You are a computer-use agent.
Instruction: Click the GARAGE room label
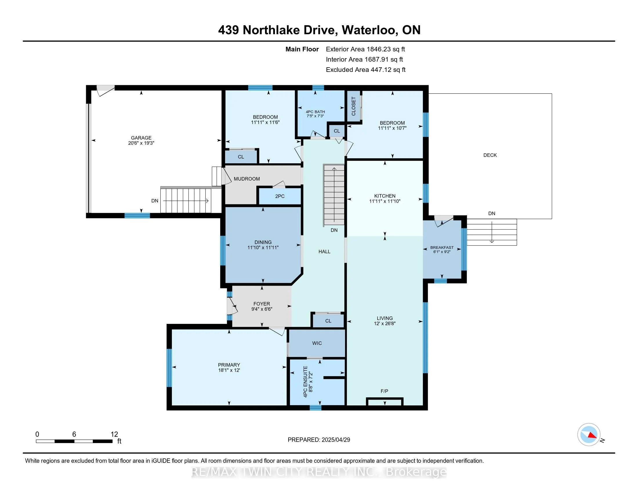click(141, 137)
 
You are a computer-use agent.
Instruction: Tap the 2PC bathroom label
click(280, 196)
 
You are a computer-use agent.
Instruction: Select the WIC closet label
click(317, 343)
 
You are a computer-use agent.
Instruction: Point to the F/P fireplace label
click(384, 391)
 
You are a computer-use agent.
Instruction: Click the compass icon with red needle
click(589, 434)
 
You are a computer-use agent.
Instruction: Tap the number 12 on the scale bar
click(114, 434)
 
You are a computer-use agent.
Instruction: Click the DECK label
click(490, 155)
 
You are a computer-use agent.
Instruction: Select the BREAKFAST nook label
click(442, 247)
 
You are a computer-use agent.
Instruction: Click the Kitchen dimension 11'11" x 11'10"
click(385, 201)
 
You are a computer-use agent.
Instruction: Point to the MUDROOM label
click(246, 179)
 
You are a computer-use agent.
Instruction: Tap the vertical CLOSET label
click(354, 106)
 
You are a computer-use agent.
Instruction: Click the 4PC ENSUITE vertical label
click(306, 381)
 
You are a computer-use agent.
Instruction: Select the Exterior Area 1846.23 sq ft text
click(365, 49)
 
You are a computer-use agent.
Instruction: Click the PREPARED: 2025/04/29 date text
click(319, 440)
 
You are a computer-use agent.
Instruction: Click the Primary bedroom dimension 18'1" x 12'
click(229, 370)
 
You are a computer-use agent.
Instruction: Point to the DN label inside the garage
click(155, 201)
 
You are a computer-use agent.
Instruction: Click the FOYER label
click(262, 304)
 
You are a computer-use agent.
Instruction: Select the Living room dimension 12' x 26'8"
click(385, 323)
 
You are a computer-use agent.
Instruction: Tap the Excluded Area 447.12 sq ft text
click(365, 70)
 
